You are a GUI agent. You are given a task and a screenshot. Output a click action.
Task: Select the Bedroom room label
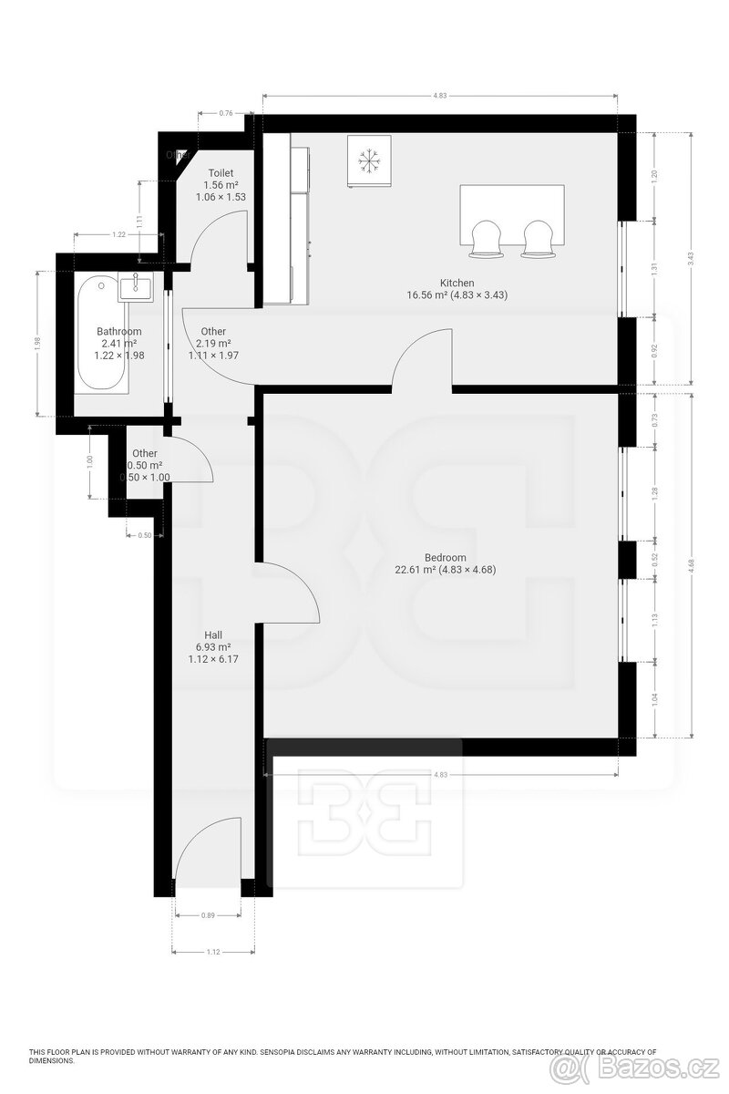click(x=446, y=558)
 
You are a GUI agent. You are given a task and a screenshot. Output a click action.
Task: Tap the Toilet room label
click(x=221, y=172)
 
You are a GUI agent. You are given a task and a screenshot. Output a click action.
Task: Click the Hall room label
click(x=213, y=635)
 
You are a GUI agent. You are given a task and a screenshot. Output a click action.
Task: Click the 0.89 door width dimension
click(x=207, y=916)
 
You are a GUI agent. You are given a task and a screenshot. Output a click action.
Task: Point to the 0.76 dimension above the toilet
click(x=225, y=113)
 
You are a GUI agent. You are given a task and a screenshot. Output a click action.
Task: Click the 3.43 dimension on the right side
click(x=692, y=258)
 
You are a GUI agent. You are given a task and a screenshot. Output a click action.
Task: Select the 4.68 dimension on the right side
click(x=692, y=564)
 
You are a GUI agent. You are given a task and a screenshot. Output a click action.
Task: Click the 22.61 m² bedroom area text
click(x=446, y=571)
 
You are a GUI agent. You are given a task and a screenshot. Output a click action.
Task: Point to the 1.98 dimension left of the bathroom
click(x=37, y=342)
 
